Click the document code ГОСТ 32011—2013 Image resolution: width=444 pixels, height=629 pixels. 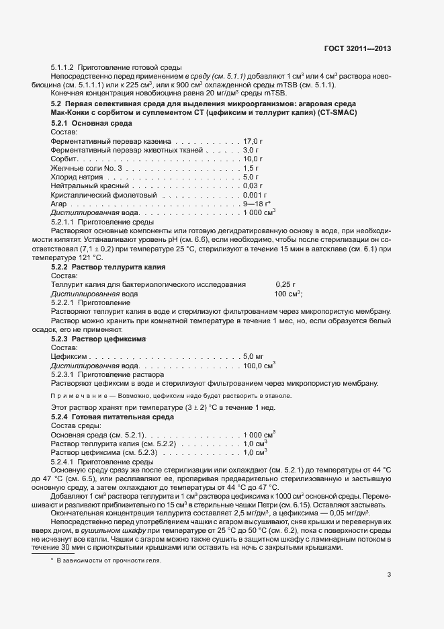coord(357,48)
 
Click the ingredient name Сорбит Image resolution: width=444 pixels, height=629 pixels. coord(64,159)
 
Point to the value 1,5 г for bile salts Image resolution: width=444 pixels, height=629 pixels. coord(251,168)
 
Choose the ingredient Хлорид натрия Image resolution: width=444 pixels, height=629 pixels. coord(77,177)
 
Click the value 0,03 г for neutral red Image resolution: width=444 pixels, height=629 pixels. coord(253,185)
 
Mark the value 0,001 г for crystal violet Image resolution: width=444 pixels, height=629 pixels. coord(255,194)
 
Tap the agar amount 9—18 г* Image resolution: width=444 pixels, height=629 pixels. coord(257,203)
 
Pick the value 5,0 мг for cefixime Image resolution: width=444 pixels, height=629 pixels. coord(253,355)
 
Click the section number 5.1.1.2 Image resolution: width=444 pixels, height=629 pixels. coord(63,68)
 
